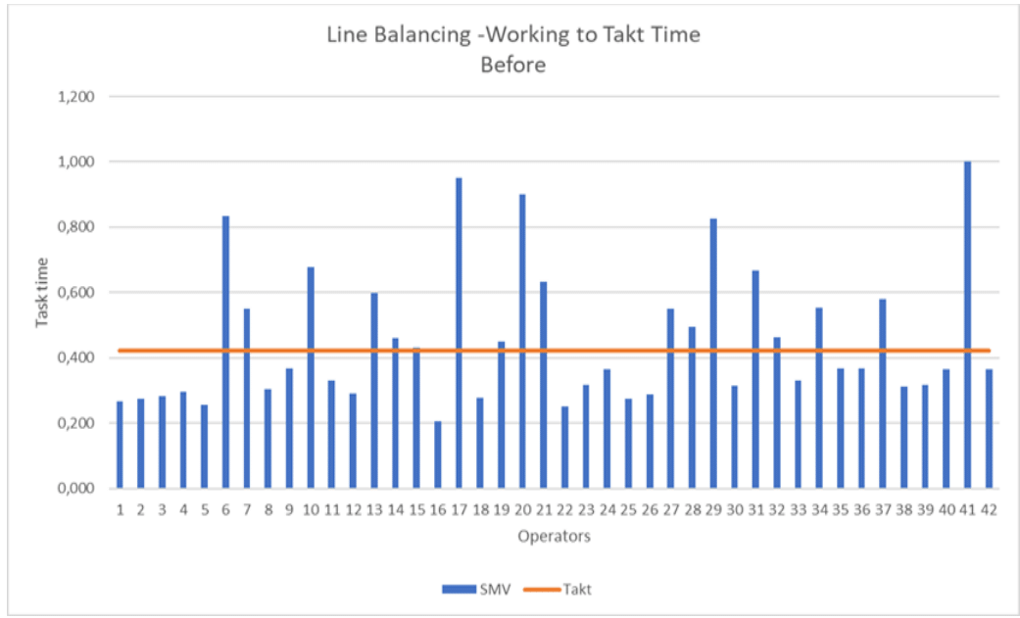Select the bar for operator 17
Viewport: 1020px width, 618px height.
[459, 333]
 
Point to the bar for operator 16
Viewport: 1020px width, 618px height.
[437, 454]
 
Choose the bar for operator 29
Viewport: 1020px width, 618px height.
[713, 353]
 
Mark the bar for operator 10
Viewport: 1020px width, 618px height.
[311, 377]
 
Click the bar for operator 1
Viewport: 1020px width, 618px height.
[120, 445]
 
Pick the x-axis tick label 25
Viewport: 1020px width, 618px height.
[628, 509]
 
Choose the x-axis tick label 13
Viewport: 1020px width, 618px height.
[373, 509]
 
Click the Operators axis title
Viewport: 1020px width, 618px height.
[554, 536]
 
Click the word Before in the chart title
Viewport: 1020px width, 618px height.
[513, 66]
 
